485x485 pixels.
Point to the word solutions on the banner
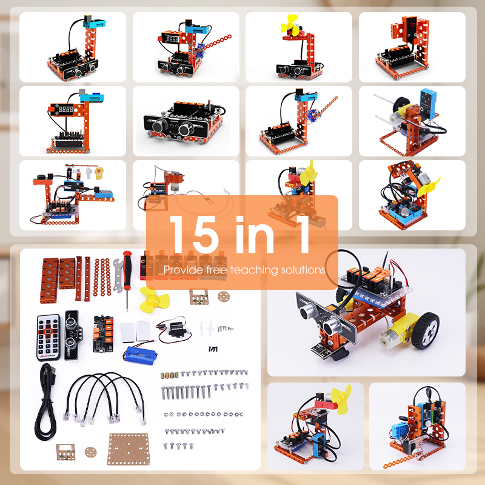click(x=303, y=269)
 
